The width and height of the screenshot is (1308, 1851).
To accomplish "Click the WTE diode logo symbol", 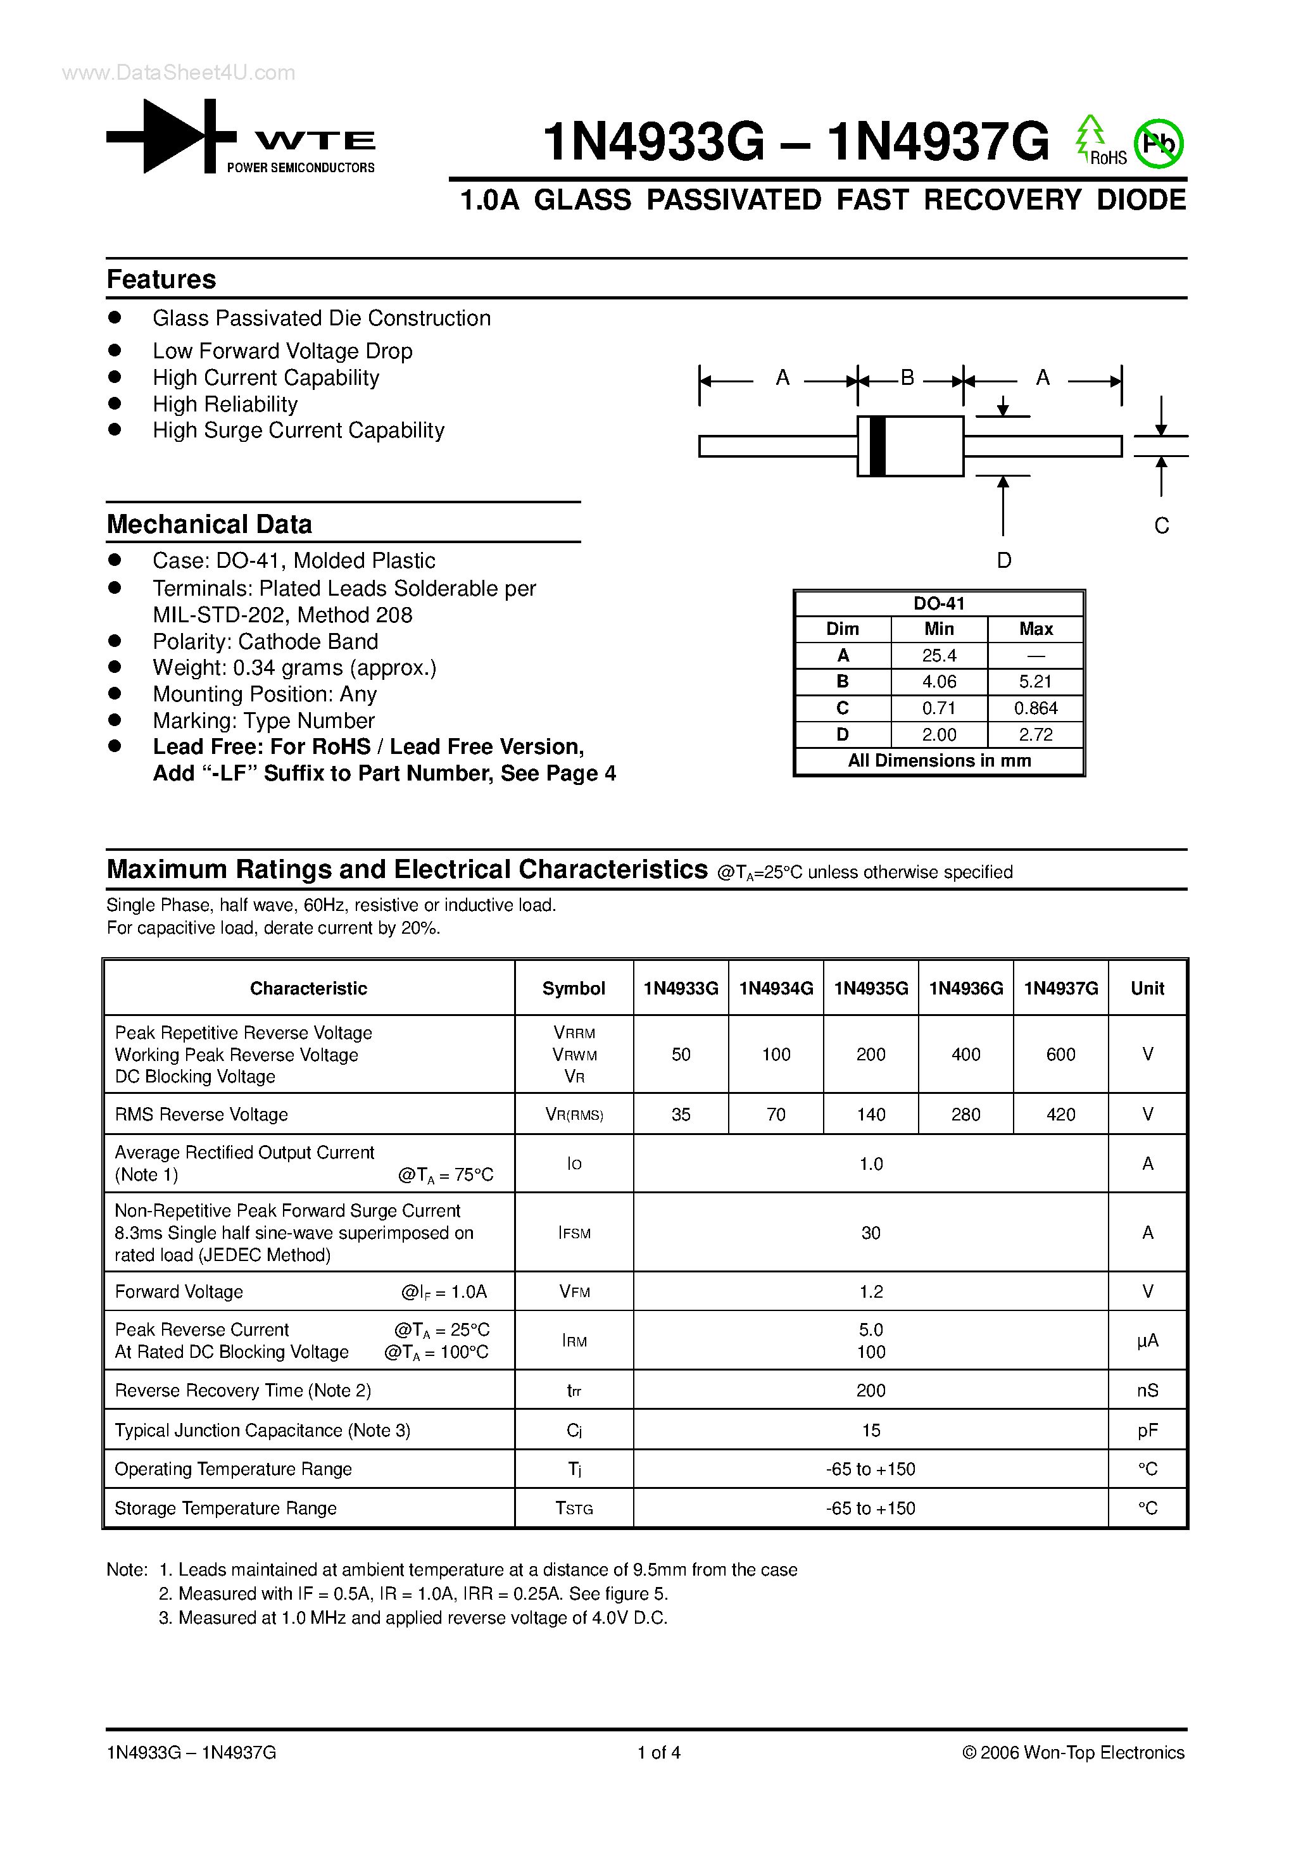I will pyautogui.click(x=171, y=136).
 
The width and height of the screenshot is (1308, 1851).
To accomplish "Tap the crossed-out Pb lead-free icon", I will pyautogui.click(x=1158, y=144).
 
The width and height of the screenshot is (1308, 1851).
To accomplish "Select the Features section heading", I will pyautogui.click(x=161, y=280).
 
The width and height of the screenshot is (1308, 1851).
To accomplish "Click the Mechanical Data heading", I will pyautogui.click(x=209, y=525).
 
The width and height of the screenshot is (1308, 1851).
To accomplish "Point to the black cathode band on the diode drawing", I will pyautogui.click(x=877, y=446).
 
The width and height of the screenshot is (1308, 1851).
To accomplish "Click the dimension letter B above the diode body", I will pyautogui.click(x=907, y=378).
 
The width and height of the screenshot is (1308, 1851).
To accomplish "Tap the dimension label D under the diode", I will pyautogui.click(x=1003, y=560).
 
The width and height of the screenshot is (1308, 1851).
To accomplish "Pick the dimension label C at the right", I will pyautogui.click(x=1160, y=525).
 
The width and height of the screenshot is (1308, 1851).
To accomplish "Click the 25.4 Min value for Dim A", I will pyautogui.click(x=939, y=655).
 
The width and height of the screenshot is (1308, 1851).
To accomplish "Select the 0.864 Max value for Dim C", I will pyautogui.click(x=1035, y=708).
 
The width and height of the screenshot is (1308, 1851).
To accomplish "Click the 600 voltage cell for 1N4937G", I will pyautogui.click(x=1060, y=1055).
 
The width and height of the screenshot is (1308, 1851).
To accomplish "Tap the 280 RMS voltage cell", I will pyautogui.click(x=965, y=1115).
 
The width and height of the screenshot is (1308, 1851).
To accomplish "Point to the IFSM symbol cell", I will pyautogui.click(x=574, y=1233).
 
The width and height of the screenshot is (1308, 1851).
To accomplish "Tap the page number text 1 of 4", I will pyautogui.click(x=659, y=1753).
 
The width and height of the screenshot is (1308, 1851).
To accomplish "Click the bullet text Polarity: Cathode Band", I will pyautogui.click(x=265, y=642).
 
